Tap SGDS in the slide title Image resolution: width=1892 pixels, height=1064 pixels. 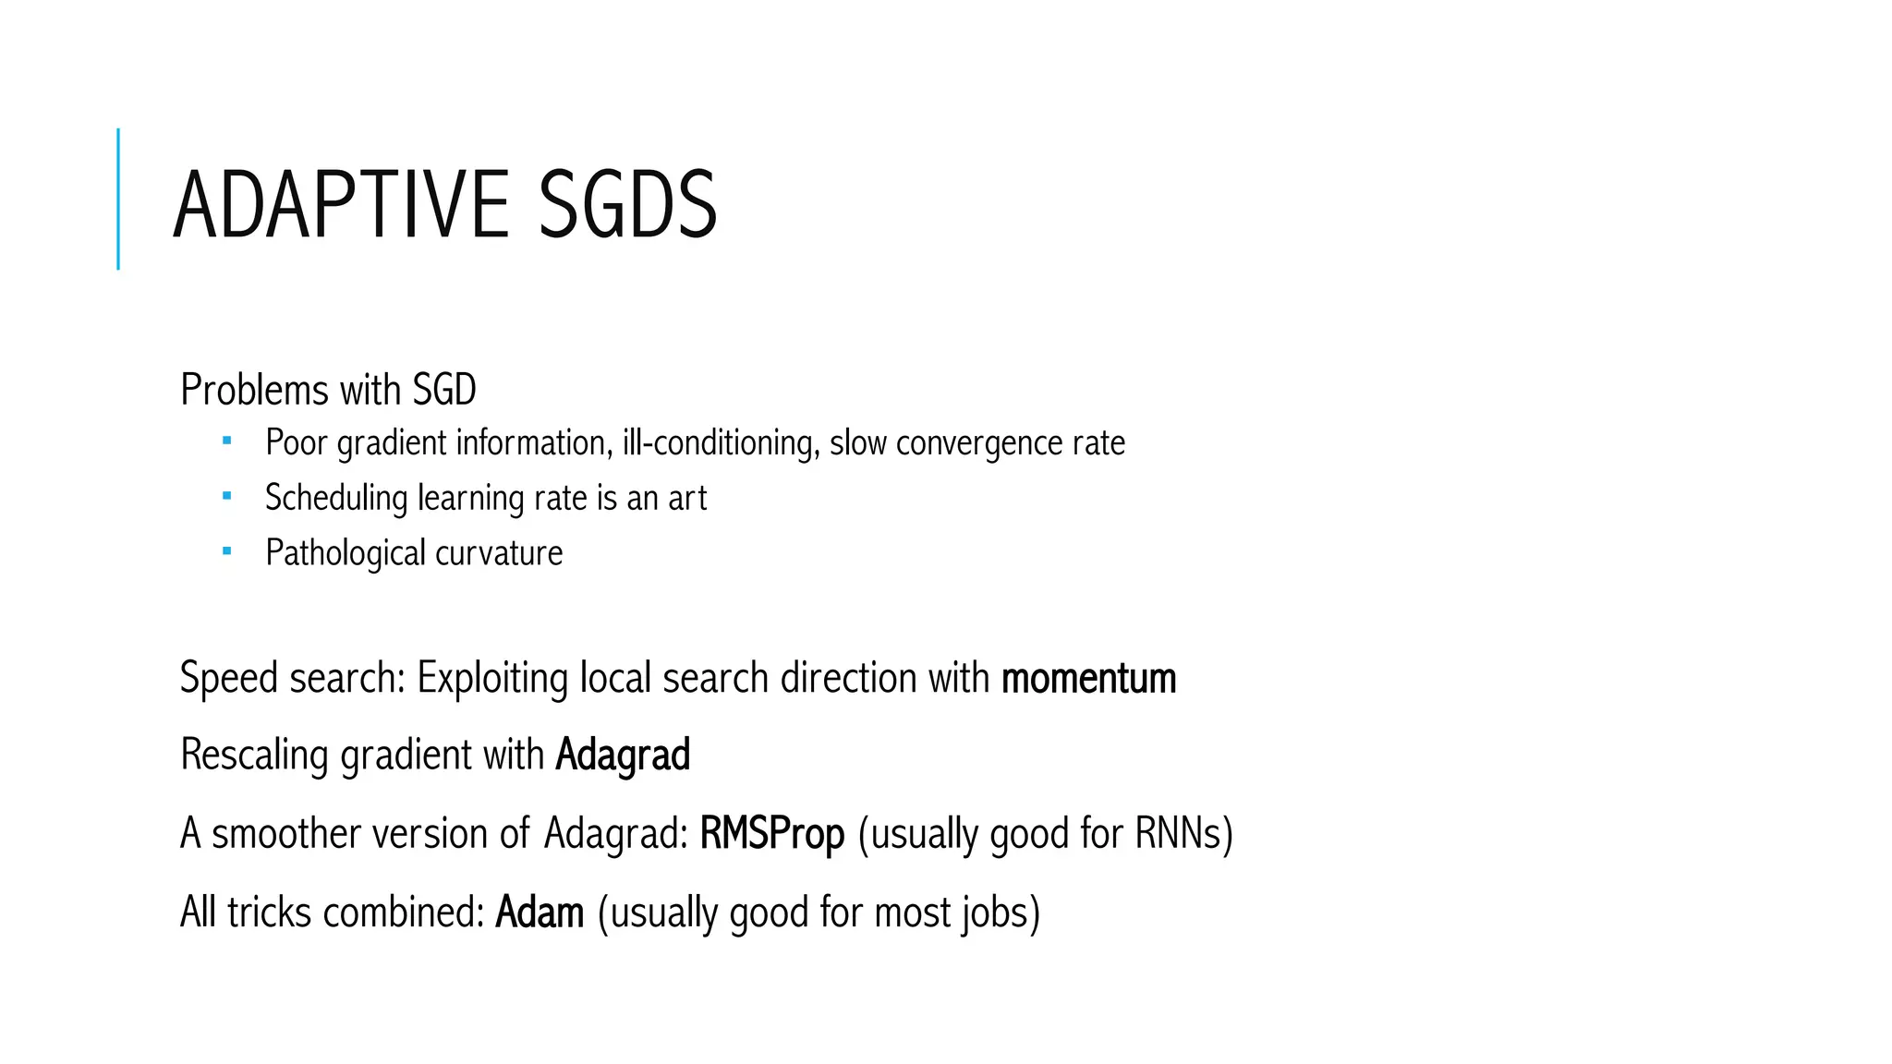tap(627, 204)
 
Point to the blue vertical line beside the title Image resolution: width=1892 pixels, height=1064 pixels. tap(118, 199)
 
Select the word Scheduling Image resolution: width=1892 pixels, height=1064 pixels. tap(336, 499)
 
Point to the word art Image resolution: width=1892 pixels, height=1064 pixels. tap(687, 499)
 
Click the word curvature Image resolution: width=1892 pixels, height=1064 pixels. tap(499, 553)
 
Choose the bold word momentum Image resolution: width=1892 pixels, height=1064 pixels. tap(1088, 679)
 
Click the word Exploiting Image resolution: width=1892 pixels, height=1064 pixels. tap(492, 679)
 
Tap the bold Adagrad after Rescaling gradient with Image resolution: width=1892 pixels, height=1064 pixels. tap(623, 756)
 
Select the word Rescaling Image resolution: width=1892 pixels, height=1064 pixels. tap(254, 756)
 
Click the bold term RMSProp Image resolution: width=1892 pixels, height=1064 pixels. tap(772, 834)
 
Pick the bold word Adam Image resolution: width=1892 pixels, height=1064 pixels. tap(540, 913)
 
